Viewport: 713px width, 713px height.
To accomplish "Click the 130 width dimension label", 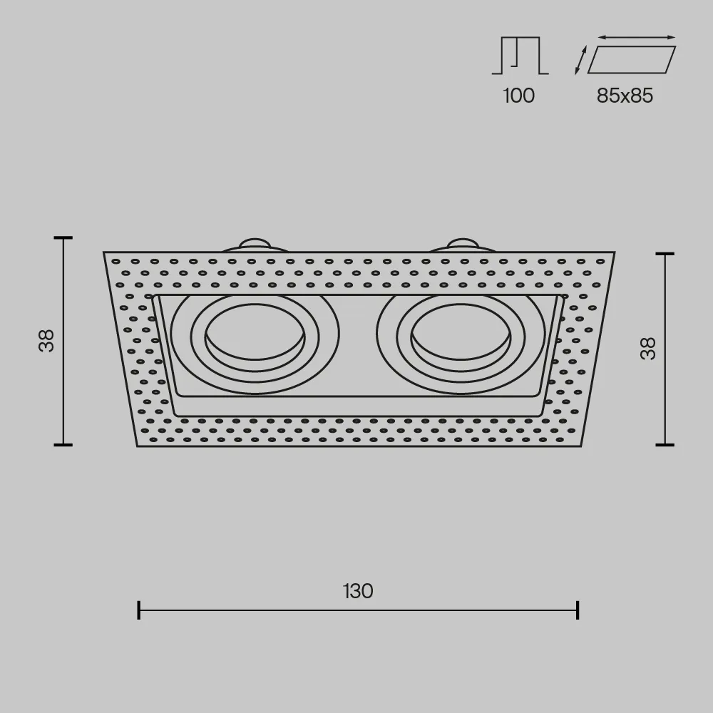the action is (x=358, y=591).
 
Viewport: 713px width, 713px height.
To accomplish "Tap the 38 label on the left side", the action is (x=47, y=341).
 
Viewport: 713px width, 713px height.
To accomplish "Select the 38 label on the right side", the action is (x=648, y=349).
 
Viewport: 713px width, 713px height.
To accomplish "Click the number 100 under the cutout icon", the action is (x=519, y=96).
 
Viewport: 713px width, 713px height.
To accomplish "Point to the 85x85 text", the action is (x=625, y=96).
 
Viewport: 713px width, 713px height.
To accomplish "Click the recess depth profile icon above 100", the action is (x=520, y=56).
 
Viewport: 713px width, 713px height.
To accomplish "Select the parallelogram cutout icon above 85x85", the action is (x=632, y=60).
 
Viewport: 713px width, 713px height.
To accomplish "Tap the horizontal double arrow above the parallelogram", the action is (x=637, y=37).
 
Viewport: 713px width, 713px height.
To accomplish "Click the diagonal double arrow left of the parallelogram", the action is (x=580, y=60).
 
